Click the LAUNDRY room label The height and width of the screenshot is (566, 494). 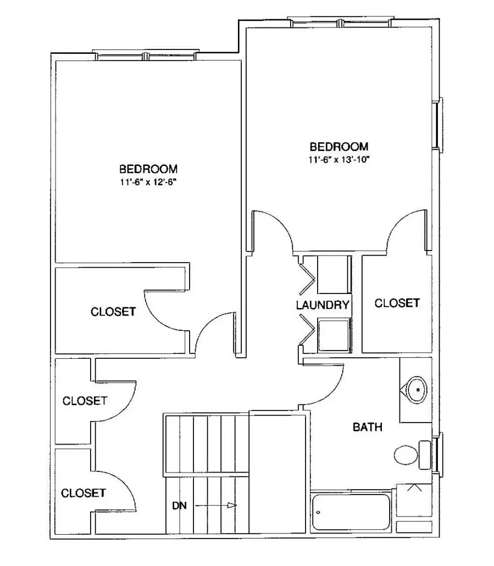323,305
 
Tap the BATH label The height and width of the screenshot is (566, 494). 368,428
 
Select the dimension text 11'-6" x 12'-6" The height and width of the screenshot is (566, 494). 148,182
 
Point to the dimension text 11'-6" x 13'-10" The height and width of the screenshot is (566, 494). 339,159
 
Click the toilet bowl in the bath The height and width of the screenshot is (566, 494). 406,456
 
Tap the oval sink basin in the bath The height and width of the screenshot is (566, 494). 417,390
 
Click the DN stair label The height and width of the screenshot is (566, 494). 179,506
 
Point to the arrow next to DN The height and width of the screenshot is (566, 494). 216,506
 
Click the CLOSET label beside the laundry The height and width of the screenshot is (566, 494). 397,303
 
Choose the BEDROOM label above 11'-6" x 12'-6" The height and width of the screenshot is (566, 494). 148,169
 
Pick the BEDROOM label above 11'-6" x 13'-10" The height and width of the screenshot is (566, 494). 339,147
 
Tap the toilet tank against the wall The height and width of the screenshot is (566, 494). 425,455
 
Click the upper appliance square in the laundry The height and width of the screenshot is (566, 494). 334,274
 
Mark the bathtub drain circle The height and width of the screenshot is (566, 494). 318,512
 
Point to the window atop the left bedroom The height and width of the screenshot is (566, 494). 146,56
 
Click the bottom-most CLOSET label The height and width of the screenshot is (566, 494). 84,493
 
